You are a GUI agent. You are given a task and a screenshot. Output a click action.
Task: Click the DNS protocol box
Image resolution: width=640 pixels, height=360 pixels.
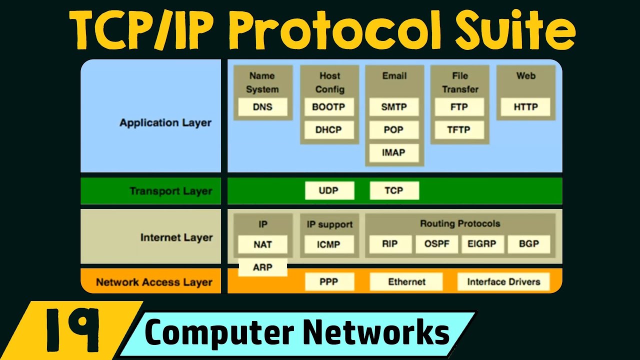pyautogui.click(x=262, y=107)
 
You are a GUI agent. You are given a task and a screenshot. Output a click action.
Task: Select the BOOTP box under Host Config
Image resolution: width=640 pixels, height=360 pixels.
pyautogui.click(x=329, y=107)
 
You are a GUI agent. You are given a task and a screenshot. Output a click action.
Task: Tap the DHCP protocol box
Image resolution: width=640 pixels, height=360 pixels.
pyautogui.click(x=329, y=130)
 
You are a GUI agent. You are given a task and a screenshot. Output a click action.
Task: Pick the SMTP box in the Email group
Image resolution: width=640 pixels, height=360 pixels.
pyautogui.click(x=394, y=107)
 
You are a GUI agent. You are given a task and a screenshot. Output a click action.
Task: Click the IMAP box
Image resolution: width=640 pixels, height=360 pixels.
pyautogui.click(x=394, y=152)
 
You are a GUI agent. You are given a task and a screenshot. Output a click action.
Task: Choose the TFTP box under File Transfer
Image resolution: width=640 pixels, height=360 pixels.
pyautogui.click(x=459, y=130)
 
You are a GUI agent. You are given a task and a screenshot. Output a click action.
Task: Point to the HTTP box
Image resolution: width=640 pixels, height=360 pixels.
pyautogui.click(x=525, y=107)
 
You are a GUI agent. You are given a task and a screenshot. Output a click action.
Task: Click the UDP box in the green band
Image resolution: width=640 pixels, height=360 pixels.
pyautogui.click(x=329, y=190)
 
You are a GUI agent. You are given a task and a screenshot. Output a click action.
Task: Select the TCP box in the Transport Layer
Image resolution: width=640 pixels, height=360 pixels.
pyautogui.click(x=394, y=190)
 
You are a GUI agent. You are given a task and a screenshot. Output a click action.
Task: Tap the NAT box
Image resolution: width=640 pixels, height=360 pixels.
pyautogui.click(x=262, y=244)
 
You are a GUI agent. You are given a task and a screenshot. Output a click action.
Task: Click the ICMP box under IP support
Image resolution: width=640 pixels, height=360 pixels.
pyautogui.click(x=329, y=244)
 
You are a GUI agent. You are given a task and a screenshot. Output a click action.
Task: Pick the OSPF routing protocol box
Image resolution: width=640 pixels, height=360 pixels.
pyautogui.click(x=436, y=244)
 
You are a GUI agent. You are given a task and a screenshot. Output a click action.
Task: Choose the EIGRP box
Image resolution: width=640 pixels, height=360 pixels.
pyautogui.click(x=482, y=244)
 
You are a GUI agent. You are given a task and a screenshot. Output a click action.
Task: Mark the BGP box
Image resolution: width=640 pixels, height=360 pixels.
pyautogui.click(x=528, y=244)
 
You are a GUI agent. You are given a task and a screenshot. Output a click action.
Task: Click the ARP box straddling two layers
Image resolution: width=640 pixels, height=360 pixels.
pyautogui.click(x=262, y=267)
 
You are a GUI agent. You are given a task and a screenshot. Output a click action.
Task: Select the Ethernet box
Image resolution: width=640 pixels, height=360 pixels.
pyautogui.click(x=406, y=282)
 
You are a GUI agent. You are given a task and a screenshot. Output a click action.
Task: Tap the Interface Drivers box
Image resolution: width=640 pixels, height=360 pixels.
pyautogui.click(x=503, y=282)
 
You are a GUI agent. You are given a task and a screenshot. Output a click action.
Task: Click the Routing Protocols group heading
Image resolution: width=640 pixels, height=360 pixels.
pyautogui.click(x=459, y=223)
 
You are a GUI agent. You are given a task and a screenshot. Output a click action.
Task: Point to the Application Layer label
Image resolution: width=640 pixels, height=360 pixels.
pyautogui.click(x=165, y=122)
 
